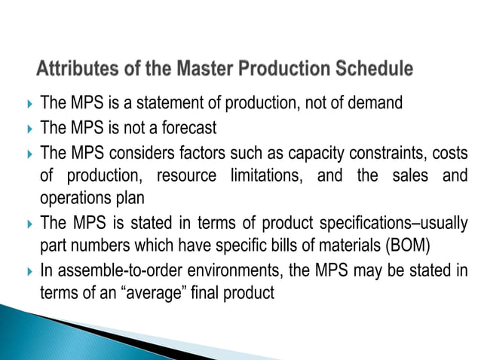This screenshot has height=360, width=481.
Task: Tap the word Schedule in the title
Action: [374, 69]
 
